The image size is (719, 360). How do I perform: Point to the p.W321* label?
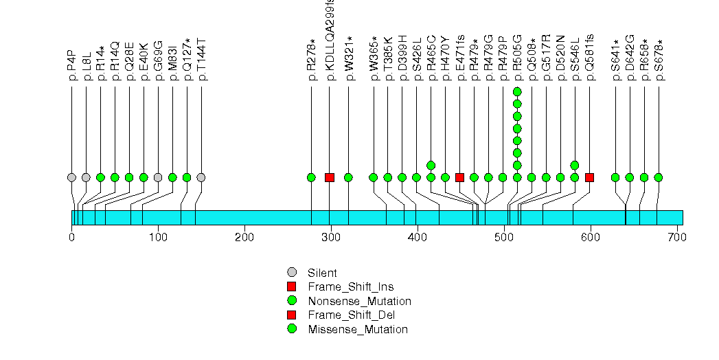click(348, 63)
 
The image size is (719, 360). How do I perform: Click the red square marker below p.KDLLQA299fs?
click(330, 177)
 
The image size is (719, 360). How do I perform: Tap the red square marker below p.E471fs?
click(459, 177)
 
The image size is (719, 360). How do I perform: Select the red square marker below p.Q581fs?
click(589, 177)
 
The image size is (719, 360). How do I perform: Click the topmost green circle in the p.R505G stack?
click(517, 91)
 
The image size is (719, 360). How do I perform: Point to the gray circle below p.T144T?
click(201, 177)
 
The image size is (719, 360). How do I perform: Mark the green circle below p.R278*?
click(311, 177)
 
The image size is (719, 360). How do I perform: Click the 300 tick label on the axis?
click(331, 238)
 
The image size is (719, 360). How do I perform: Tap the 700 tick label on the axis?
click(677, 238)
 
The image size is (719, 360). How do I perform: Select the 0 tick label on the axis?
click(71, 238)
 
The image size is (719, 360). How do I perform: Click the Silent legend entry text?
click(322, 273)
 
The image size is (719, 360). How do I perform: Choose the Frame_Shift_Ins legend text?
click(350, 286)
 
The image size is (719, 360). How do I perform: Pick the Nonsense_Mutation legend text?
click(359, 301)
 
